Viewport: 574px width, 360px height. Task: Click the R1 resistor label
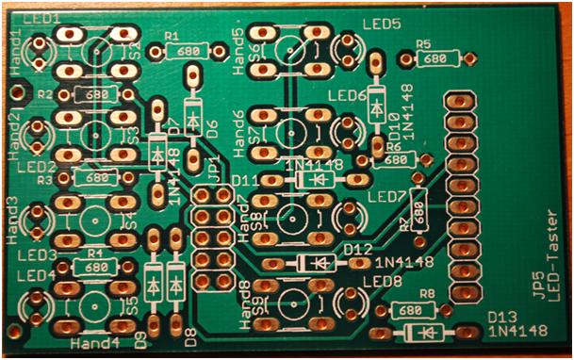[x=172, y=36]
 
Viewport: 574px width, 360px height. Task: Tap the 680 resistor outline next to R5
[x=435, y=59]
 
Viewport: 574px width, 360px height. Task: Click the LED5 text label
[x=382, y=24]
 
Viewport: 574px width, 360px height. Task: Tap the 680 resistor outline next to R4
[x=94, y=268]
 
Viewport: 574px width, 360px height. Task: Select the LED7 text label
[x=385, y=196]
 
